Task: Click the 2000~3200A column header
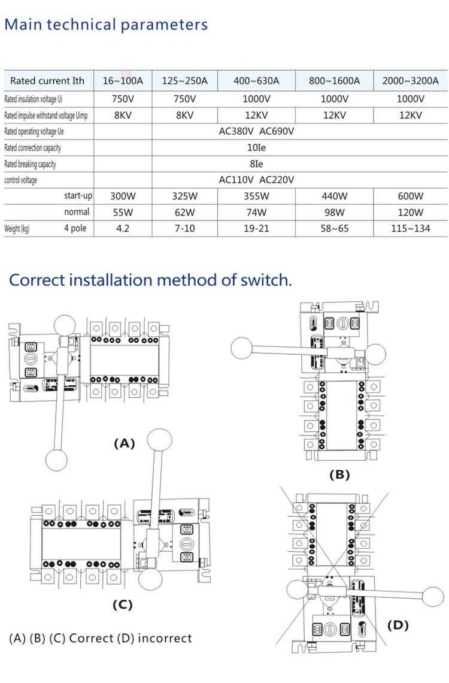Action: pyautogui.click(x=410, y=81)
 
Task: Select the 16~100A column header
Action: pyautogui.click(x=123, y=81)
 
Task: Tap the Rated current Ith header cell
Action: pyautogui.click(x=47, y=81)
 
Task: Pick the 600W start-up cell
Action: pyautogui.click(x=410, y=196)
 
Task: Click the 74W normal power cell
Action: pyautogui.click(x=256, y=212)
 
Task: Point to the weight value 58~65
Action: pyautogui.click(x=334, y=228)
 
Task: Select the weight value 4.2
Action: pyautogui.click(x=123, y=228)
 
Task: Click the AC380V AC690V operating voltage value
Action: pyautogui.click(x=256, y=131)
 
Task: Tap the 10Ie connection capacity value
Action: pyautogui.click(x=256, y=147)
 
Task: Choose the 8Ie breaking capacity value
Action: pyautogui.click(x=256, y=164)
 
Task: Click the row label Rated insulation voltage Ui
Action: pyautogui.click(x=33, y=99)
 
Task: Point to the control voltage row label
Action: pyautogui.click(x=20, y=180)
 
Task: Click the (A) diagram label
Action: pyautogui.click(x=125, y=443)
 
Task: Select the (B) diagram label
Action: pyautogui.click(x=339, y=475)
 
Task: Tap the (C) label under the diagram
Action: pyautogui.click(x=122, y=605)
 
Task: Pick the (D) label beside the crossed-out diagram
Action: pyautogui.click(x=398, y=625)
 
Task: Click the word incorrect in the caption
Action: pyautogui.click(x=165, y=638)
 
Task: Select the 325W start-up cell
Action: pyautogui.click(x=184, y=196)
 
